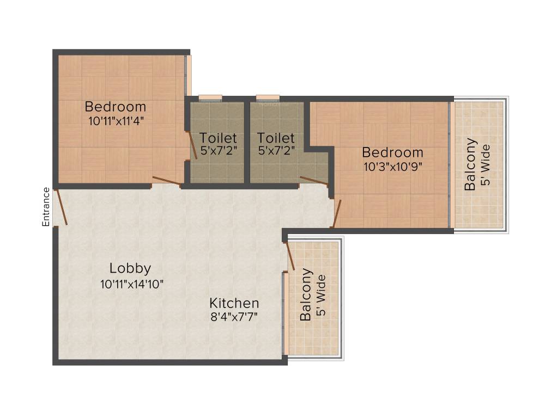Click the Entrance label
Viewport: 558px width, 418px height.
pyautogui.click(x=46, y=206)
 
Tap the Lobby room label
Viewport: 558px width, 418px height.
pyautogui.click(x=130, y=268)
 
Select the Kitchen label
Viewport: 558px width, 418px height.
pyautogui.click(x=234, y=303)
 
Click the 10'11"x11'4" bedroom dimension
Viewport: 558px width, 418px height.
pyautogui.click(x=116, y=121)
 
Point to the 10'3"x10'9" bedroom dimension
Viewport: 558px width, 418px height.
pyautogui.click(x=392, y=167)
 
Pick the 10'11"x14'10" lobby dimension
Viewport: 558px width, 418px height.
pyautogui.click(x=132, y=284)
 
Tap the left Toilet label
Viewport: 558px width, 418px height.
pyautogui.click(x=218, y=138)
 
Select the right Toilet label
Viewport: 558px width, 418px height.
pyautogui.click(x=276, y=138)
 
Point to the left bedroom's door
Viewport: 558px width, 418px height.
pyautogui.click(x=166, y=181)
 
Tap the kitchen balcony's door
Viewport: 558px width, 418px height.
pyautogui.click(x=290, y=255)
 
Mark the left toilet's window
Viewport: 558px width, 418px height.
pyautogui.click(x=210, y=98)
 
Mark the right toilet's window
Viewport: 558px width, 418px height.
pyautogui.click(x=268, y=98)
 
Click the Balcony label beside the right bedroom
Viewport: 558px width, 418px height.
pyautogui.click(x=470, y=164)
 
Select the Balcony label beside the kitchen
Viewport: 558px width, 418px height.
pyautogui.click(x=306, y=294)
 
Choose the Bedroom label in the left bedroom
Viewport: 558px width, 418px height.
pyautogui.click(x=116, y=107)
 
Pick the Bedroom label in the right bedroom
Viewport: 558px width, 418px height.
pyautogui.click(x=392, y=152)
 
